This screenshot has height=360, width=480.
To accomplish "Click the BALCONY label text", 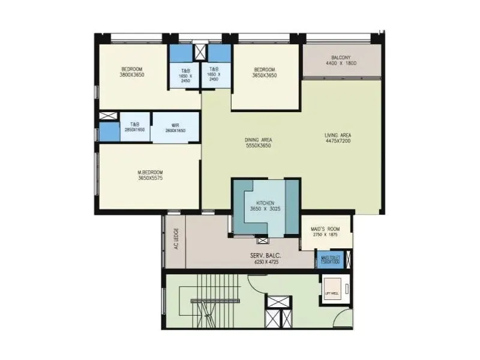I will [x=341, y=57].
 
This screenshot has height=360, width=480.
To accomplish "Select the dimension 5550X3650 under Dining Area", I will [x=259, y=146].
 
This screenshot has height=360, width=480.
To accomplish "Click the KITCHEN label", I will [x=265, y=202].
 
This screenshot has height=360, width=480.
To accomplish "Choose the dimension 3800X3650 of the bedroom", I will [x=132, y=75].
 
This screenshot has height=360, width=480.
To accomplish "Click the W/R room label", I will [x=167, y=124].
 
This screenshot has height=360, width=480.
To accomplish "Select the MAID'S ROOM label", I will [x=326, y=229].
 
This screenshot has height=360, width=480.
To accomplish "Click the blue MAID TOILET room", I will [x=329, y=260].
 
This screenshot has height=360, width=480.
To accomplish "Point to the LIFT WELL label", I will [x=332, y=292].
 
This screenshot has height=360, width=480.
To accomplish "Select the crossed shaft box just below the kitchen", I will [x=262, y=241].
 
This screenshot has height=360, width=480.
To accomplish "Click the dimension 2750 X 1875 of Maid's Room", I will [x=326, y=235].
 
